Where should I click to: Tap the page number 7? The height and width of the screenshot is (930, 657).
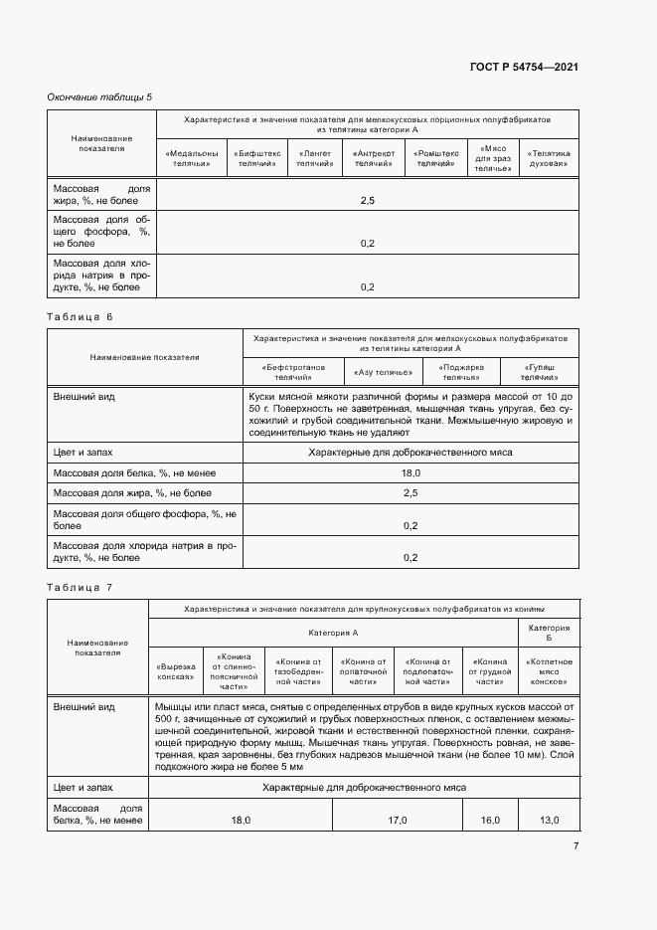point(575,846)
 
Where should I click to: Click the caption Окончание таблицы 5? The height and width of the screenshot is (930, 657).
point(100,96)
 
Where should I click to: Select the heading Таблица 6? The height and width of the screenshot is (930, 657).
point(81,316)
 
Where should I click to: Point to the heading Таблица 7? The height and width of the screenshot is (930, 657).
point(81,587)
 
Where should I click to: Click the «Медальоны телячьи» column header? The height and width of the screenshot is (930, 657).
point(192,158)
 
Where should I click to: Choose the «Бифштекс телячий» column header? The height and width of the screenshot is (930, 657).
point(256,158)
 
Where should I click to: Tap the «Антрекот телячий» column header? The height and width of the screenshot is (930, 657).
point(374,158)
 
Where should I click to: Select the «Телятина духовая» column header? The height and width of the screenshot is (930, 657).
point(549,158)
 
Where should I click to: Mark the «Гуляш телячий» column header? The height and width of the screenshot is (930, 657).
point(540,372)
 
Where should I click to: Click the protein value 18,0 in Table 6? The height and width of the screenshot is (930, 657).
point(410,473)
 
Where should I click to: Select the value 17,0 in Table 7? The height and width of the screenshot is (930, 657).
point(397,821)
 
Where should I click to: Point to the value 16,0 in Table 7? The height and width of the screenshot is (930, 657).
point(490,821)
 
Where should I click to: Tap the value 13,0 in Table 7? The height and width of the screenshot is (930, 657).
point(549,821)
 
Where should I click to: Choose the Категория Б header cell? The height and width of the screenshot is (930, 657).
point(549,633)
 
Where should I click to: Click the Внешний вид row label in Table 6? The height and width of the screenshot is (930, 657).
point(83,396)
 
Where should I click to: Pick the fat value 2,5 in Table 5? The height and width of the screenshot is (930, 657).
point(367,201)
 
